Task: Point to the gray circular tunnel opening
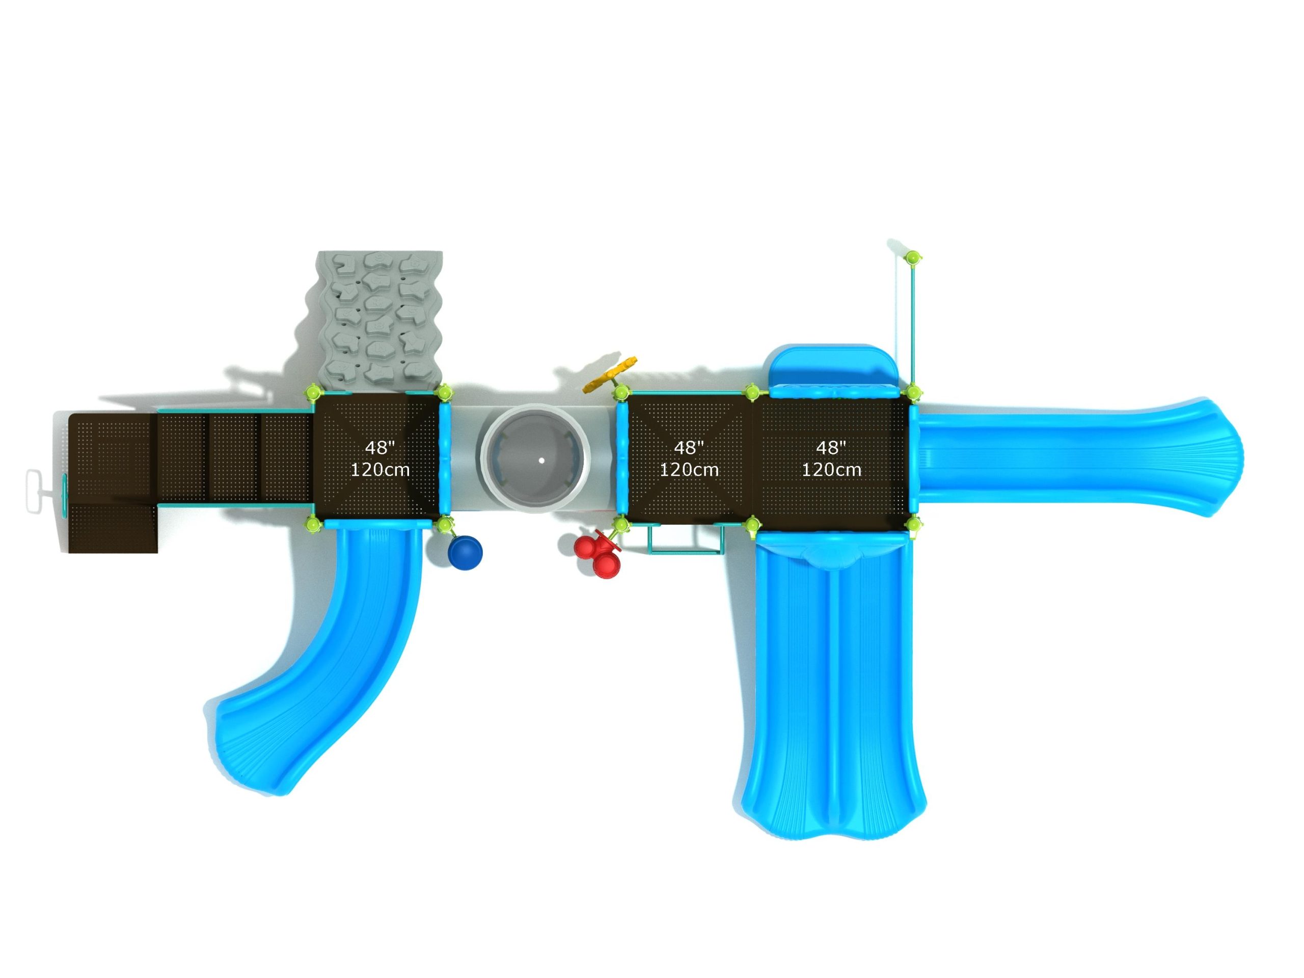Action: (x=535, y=458)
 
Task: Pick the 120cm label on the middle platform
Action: (x=689, y=470)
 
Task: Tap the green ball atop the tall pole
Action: (x=913, y=257)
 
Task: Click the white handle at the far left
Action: (x=35, y=491)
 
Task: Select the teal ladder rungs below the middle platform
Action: (x=686, y=539)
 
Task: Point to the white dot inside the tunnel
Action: (x=541, y=460)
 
